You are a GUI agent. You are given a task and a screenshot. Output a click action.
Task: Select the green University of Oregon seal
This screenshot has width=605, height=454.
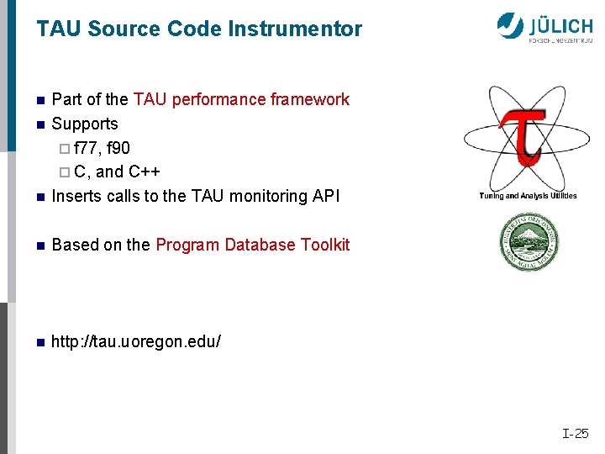[529, 242]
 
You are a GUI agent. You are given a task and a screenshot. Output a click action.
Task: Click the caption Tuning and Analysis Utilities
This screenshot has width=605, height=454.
[528, 196]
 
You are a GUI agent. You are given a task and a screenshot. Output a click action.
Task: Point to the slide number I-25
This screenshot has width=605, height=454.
[576, 434]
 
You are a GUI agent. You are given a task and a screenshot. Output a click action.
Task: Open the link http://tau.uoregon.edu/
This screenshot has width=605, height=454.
[136, 342]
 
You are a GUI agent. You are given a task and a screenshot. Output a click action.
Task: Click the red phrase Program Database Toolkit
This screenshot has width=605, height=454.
[252, 245]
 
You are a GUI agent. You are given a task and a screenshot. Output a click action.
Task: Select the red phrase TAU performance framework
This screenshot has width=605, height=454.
[241, 99]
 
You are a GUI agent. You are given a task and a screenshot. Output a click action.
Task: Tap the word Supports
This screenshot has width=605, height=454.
[85, 124]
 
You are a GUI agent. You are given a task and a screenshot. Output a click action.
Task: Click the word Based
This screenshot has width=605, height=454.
[75, 245]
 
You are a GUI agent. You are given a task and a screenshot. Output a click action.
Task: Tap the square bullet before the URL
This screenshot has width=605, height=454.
[39, 342]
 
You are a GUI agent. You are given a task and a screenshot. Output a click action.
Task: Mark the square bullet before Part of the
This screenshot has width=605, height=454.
[39, 100]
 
